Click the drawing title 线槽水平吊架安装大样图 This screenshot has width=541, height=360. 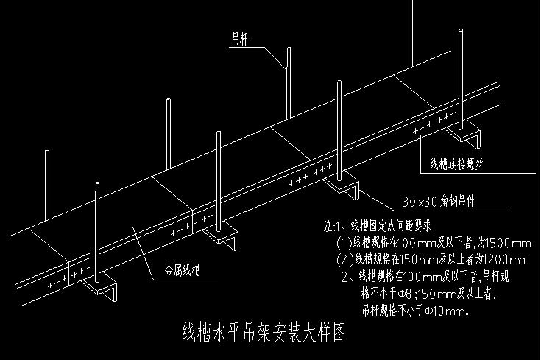(x=264, y=332)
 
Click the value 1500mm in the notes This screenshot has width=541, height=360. (x=506, y=242)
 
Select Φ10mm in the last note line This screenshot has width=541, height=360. (x=450, y=311)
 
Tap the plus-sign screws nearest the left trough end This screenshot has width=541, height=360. (x=56, y=283)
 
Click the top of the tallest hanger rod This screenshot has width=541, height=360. (x=409, y=2)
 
